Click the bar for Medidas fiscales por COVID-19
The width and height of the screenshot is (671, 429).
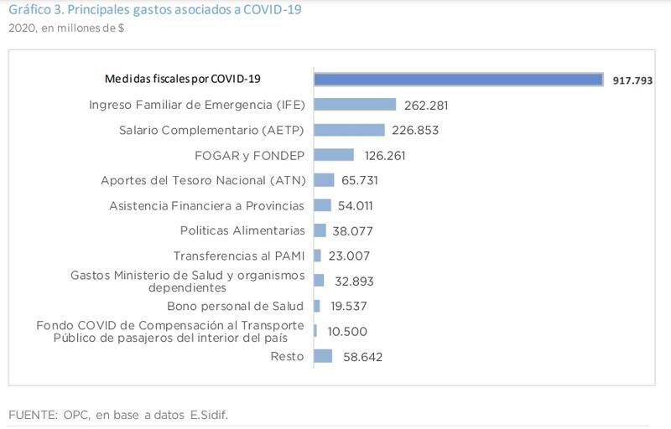tap(458, 79)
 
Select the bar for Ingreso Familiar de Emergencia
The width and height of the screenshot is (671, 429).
tap(355, 105)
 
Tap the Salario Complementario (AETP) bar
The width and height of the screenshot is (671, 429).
tap(349, 130)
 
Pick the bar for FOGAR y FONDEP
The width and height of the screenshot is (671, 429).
tap(334, 155)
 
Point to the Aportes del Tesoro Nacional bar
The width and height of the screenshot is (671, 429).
tap(324, 180)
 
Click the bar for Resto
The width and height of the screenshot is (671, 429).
tap(323, 356)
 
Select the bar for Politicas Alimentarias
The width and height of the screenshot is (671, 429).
tap(320, 230)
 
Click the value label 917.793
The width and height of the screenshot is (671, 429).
tap(632, 80)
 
